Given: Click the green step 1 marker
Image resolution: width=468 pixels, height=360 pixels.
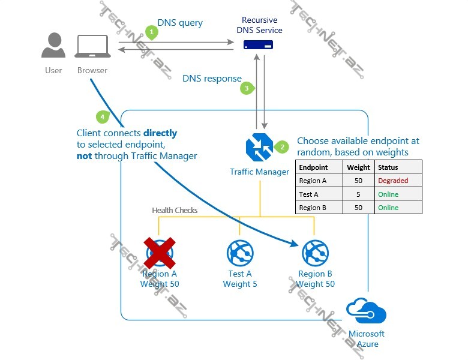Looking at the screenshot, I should (152, 32).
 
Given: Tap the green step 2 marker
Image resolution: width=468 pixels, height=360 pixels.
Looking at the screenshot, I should (281, 146).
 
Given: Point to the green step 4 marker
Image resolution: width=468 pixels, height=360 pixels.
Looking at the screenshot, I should (103, 116).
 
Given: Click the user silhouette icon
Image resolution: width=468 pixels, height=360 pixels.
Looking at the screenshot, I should (53, 46).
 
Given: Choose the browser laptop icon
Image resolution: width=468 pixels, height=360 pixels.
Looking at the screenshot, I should (92, 46).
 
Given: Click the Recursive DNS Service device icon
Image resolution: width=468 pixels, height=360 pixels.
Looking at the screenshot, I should (259, 44).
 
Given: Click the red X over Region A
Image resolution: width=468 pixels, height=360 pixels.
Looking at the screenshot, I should (159, 253).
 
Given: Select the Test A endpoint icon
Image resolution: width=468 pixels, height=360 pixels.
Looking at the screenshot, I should (240, 253).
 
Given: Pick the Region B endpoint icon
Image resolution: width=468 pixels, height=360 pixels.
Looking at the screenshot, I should (315, 253).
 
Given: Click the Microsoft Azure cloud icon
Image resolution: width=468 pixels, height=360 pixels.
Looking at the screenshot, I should (366, 312).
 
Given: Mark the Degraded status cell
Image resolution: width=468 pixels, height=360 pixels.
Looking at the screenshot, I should (393, 181).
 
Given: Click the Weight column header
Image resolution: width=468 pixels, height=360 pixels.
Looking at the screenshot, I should (358, 167).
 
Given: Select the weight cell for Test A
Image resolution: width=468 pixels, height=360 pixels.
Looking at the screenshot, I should (358, 194).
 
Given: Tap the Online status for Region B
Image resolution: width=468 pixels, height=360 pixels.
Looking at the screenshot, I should (388, 208).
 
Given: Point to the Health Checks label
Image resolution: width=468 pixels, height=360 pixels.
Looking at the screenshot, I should (175, 210).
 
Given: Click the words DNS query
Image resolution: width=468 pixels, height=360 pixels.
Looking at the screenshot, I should (180, 23).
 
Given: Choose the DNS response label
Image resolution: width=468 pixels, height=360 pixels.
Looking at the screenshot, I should (212, 78).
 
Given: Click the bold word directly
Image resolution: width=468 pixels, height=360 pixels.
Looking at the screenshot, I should (160, 133).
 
